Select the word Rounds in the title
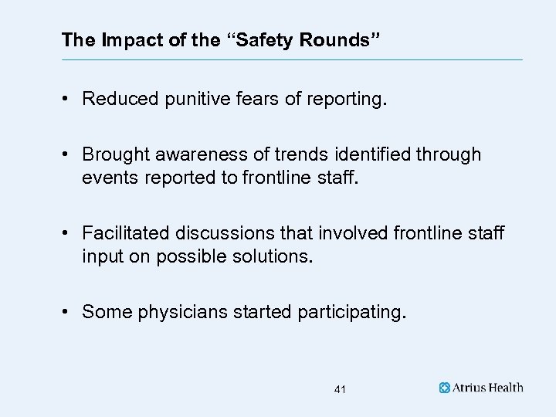click(334, 39)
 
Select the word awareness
click(189, 154)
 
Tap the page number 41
click(340, 390)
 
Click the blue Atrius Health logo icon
click(445, 388)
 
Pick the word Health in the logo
click(506, 388)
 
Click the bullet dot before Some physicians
click(67, 312)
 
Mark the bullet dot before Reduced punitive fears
click(67, 99)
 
